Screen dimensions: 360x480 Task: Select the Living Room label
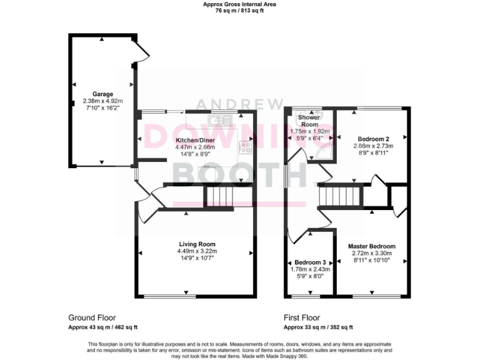[197, 244]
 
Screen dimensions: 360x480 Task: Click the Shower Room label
[309, 121]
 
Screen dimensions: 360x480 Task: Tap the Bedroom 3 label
[311, 262]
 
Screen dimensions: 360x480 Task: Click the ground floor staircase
[219, 197]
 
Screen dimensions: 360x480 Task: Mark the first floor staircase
[341, 197]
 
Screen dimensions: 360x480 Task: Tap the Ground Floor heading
[92, 317]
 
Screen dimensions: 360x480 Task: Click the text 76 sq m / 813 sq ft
[239, 11]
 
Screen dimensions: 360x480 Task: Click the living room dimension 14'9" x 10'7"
[197, 257]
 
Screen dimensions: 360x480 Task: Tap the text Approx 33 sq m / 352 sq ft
[318, 327]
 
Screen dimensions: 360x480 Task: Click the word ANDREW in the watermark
[239, 104]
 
